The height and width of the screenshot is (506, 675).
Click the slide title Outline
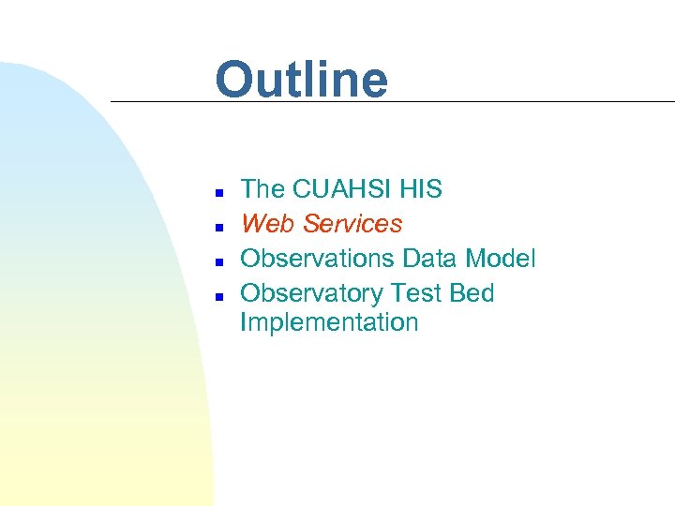pyautogui.click(x=301, y=80)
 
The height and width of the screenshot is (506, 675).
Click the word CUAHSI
pyautogui.click(x=342, y=189)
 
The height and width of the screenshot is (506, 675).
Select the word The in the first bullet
pyautogui.click(x=262, y=189)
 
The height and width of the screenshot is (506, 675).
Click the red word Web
pyautogui.click(x=263, y=224)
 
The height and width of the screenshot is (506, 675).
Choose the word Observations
pyautogui.click(x=318, y=259)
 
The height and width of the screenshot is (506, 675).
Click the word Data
pyautogui.click(x=432, y=259)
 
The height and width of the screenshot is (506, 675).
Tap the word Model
pyautogui.click(x=502, y=259)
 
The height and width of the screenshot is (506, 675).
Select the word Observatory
pyautogui.click(x=312, y=293)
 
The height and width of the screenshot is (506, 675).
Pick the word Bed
pyautogui.click(x=472, y=293)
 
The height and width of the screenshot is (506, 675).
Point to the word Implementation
pyautogui.click(x=329, y=322)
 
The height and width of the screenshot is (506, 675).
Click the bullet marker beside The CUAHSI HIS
pyautogui.click(x=217, y=192)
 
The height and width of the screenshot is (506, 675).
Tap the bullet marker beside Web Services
pyautogui.click(x=217, y=227)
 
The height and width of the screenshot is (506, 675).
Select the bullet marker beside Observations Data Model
pyautogui.click(x=217, y=261)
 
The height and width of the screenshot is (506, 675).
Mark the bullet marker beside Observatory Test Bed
pyautogui.click(x=217, y=296)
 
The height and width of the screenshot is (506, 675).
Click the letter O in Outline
pyautogui.click(x=235, y=80)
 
